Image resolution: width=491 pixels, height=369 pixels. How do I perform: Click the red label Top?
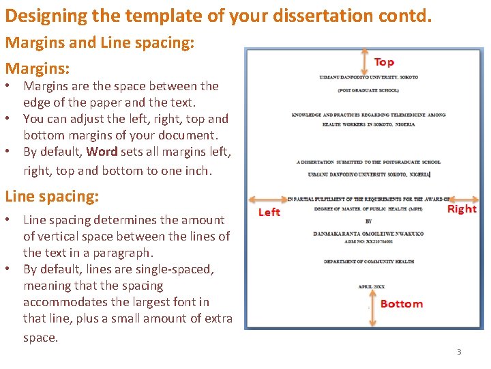click(384, 62)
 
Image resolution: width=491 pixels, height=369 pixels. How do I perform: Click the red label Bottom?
click(401, 303)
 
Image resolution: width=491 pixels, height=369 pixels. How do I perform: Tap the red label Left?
click(269, 212)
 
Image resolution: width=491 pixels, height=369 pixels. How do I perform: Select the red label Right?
click(462, 208)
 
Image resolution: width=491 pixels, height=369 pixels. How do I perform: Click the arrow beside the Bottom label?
click(371, 304)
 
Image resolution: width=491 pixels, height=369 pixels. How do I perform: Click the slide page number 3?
click(459, 352)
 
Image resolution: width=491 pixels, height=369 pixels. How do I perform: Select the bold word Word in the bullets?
click(102, 151)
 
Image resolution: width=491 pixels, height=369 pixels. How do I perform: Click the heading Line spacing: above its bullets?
click(52, 196)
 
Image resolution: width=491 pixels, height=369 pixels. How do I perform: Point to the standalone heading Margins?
click(38, 68)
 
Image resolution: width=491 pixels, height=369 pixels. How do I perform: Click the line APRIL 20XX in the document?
click(372, 287)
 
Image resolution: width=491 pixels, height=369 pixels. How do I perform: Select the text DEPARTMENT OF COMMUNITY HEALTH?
click(369, 262)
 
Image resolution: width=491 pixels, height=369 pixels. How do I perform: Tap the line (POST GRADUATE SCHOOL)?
click(368, 91)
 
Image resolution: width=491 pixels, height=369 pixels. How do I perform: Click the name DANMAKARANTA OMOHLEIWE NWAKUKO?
click(368, 234)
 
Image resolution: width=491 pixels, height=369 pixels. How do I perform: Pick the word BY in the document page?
click(369, 221)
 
